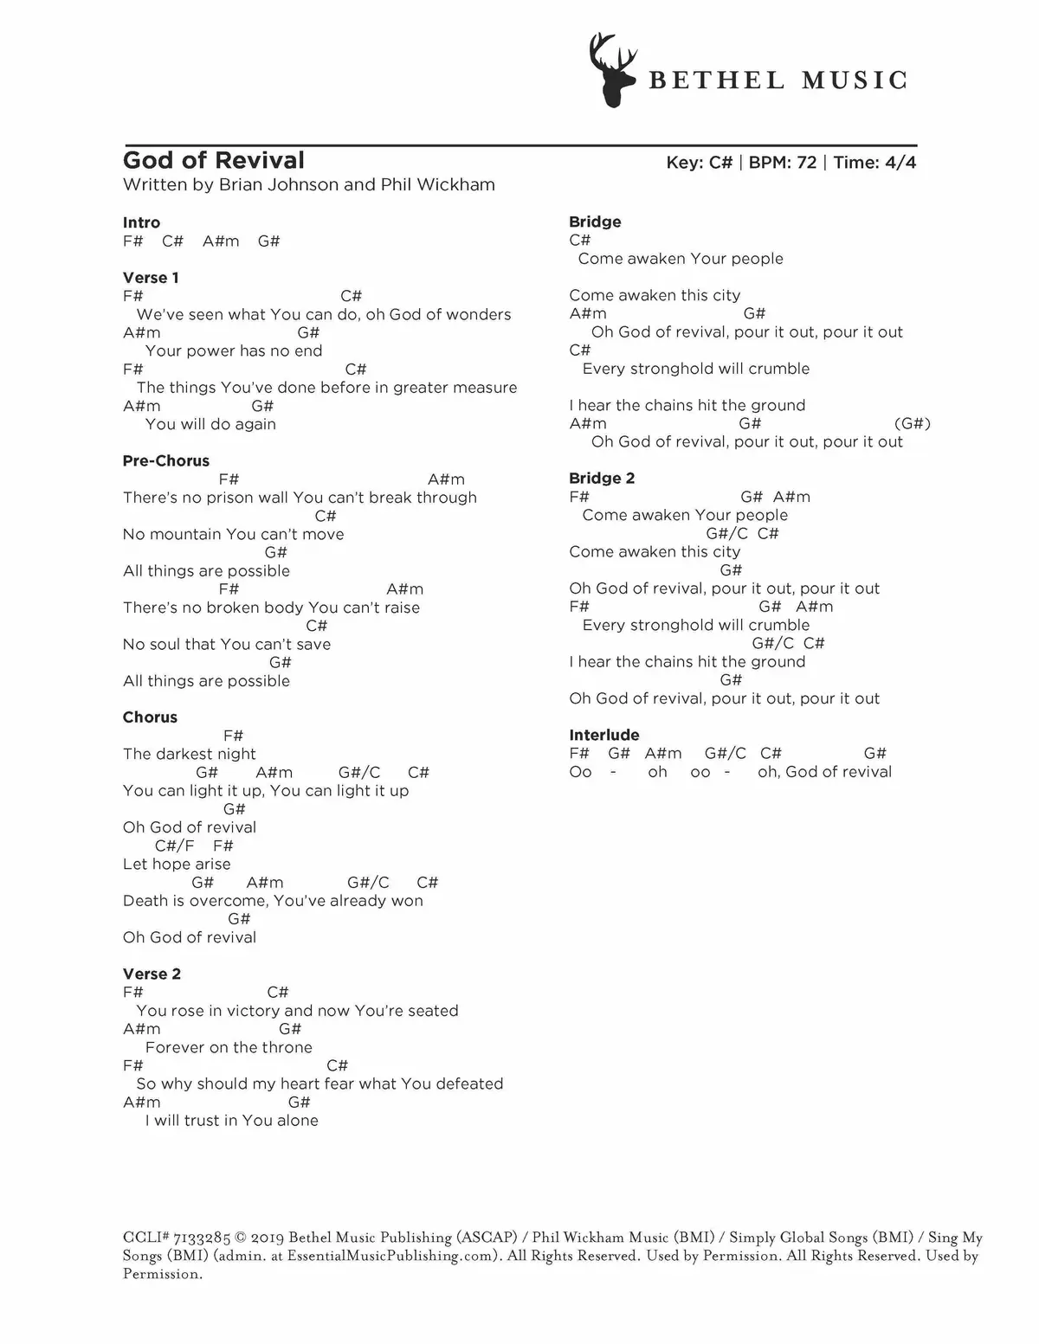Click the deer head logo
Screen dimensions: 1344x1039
click(613, 70)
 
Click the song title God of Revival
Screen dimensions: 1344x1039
click(214, 161)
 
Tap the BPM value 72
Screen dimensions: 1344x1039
click(806, 163)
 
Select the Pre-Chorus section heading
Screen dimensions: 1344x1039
click(166, 461)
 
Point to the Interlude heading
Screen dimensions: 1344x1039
click(604, 736)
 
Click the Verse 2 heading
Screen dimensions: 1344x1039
click(152, 974)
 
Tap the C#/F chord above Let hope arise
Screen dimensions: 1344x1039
click(175, 846)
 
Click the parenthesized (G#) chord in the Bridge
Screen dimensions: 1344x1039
click(912, 424)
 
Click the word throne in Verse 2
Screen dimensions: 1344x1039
click(288, 1048)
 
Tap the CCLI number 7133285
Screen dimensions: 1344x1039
click(202, 1238)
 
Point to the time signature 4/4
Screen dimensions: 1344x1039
click(900, 163)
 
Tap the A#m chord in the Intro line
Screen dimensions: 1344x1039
click(221, 241)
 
